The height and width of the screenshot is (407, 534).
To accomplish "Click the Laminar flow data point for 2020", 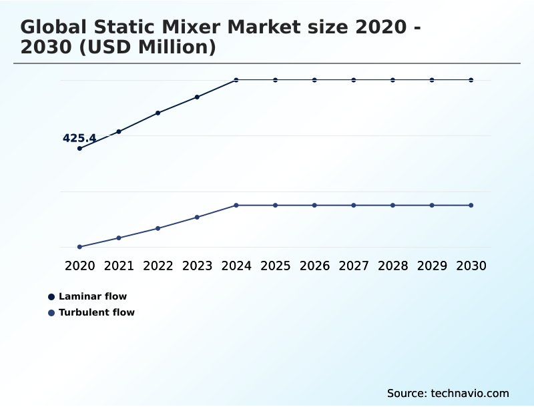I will coord(79,148).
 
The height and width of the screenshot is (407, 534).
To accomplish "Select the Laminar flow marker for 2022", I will coord(158,113).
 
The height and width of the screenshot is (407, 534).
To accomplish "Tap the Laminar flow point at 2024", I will coord(236,80).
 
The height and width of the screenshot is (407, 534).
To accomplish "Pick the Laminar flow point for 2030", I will coord(471,80).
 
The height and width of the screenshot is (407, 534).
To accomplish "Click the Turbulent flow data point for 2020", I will coord(79,247).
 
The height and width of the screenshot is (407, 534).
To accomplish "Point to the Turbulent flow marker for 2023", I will coord(197,217).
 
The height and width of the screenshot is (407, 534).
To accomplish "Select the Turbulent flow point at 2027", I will coord(354,205).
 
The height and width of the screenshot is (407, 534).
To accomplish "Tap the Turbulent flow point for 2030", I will coord(471,205).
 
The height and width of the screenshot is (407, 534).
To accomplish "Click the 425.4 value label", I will coord(79,138).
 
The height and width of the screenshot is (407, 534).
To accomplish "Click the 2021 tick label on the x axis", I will coord(119,266).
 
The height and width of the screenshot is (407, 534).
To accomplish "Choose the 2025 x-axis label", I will coord(275,266).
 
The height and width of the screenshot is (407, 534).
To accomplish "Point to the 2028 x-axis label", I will coord(392,266).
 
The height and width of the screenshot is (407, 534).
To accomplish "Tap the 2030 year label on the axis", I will coord(471,266).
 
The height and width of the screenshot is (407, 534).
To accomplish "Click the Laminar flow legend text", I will coord(93,296).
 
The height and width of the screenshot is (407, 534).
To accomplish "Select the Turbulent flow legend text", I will coord(97,312).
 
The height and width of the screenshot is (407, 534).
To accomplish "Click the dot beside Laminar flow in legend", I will coord(51,296).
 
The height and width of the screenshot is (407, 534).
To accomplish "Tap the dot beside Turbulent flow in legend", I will coord(51,312).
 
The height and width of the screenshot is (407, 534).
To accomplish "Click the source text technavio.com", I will coord(448,393).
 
